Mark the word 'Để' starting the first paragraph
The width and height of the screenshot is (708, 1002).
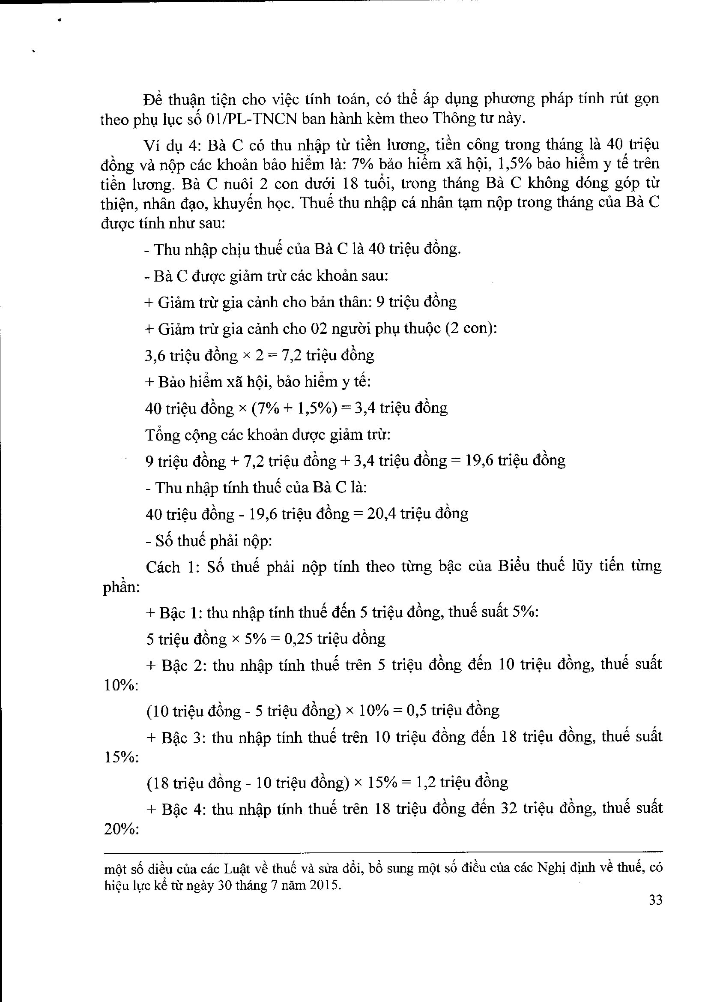coord(153,100)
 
